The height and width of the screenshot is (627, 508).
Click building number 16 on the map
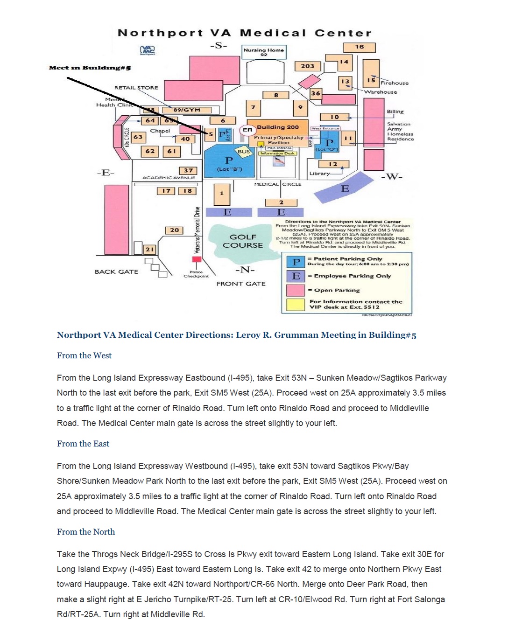tap(359, 47)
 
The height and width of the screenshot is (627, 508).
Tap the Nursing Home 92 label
tap(264, 51)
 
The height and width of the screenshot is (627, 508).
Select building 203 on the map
tap(307, 66)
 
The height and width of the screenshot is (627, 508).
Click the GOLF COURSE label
tap(243, 241)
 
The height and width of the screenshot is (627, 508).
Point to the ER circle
tap(247, 130)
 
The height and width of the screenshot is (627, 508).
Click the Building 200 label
tap(278, 127)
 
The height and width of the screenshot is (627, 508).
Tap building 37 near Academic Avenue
tap(188, 171)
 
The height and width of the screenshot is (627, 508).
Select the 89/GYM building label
tap(187, 110)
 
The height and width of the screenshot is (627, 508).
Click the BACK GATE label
tap(116, 272)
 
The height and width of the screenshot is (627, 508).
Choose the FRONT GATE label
tap(241, 284)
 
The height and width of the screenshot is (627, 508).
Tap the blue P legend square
tap(296, 262)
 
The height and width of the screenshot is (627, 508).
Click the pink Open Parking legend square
tap(296, 290)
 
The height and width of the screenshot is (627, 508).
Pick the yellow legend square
tap(296, 304)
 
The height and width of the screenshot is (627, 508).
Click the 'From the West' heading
tap(84, 355)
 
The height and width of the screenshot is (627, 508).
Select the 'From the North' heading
tap(86, 532)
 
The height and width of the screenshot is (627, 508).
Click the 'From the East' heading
tap(83, 444)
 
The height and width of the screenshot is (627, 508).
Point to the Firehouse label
tap(395, 83)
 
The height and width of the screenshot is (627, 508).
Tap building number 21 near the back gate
tap(149, 250)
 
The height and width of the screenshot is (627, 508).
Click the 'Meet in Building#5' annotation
tap(90, 68)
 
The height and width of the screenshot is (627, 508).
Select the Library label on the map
tap(319, 174)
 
